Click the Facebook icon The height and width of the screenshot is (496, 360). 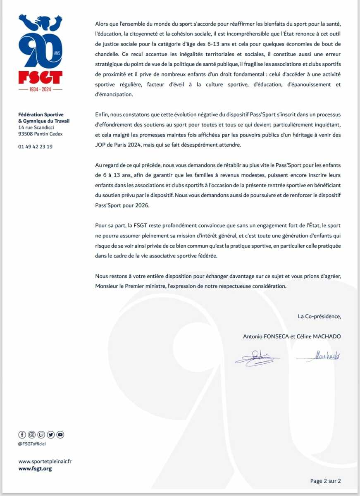click(22, 434)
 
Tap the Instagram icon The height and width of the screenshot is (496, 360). click(32, 434)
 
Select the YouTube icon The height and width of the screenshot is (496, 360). click(60, 434)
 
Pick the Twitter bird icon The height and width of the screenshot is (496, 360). click(51, 434)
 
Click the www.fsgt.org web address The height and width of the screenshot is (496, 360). click(35, 469)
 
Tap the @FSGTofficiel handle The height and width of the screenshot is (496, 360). click(32, 444)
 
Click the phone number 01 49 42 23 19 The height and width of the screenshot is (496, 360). click(35, 146)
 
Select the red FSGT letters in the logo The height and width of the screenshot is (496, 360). click(40, 77)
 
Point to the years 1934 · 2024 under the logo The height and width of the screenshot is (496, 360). click(40, 89)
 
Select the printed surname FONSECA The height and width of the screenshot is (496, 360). click(275, 336)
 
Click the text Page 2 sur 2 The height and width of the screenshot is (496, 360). click(325, 481)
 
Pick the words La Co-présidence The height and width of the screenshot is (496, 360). click(319, 317)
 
